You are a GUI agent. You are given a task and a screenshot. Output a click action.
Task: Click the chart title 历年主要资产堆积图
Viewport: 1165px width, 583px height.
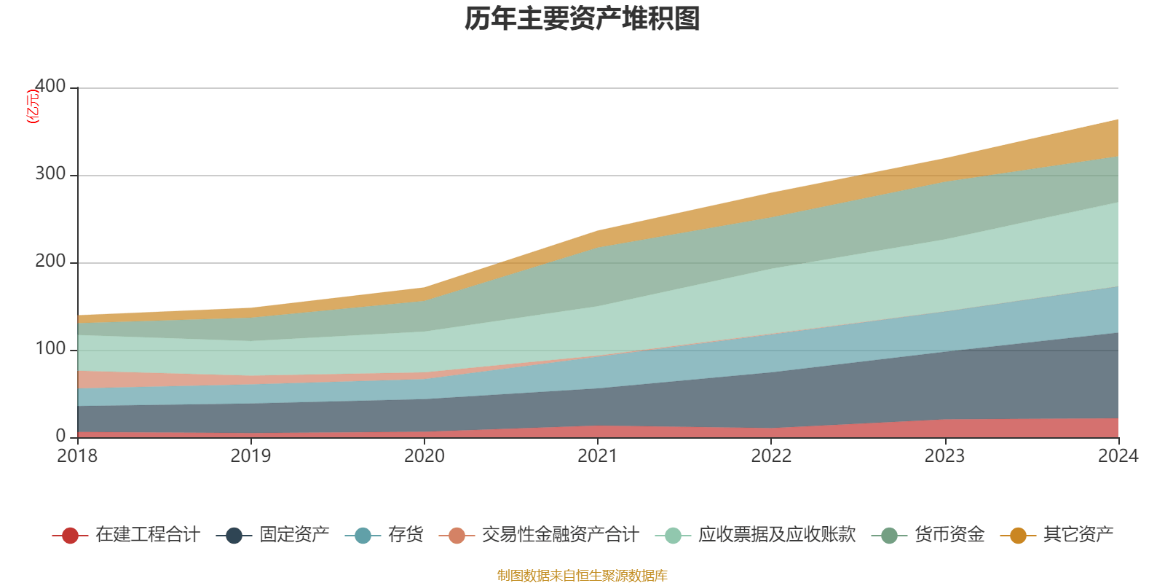582,19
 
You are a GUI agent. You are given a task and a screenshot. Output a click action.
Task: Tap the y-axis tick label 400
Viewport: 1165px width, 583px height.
50,87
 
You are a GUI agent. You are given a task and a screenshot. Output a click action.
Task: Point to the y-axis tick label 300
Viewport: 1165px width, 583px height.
50,174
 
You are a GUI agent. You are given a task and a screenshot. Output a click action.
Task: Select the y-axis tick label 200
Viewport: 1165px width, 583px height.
50,262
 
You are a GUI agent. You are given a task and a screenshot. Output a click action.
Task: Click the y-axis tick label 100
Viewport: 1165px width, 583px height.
50,349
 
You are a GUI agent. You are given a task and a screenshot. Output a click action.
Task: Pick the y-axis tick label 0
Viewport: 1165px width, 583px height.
60,436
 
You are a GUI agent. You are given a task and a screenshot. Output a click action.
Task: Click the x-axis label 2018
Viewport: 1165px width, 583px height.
77,456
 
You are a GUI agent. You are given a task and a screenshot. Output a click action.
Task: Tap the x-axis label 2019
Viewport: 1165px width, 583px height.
250,456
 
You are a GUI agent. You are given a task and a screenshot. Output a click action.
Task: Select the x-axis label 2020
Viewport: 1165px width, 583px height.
424,456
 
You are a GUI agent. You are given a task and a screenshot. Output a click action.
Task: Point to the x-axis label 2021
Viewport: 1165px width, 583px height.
597,456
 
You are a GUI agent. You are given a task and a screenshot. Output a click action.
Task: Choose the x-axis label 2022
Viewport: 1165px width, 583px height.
771,456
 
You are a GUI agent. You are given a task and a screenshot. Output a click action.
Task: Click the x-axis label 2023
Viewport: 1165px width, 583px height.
944,456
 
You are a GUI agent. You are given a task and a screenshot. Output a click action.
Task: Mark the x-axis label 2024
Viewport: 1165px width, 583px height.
1118,456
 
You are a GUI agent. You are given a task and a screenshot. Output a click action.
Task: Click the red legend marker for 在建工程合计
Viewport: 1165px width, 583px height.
70,536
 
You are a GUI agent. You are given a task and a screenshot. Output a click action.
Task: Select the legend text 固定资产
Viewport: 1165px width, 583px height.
294,535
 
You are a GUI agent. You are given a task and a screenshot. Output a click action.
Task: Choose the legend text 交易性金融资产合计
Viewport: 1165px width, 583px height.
559,535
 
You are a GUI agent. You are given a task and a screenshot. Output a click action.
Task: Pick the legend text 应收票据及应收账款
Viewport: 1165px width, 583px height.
776,535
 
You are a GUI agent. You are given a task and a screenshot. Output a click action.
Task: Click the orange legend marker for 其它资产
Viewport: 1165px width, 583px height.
1018,536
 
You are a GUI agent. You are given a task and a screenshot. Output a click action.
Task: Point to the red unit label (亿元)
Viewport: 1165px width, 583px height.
33,107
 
